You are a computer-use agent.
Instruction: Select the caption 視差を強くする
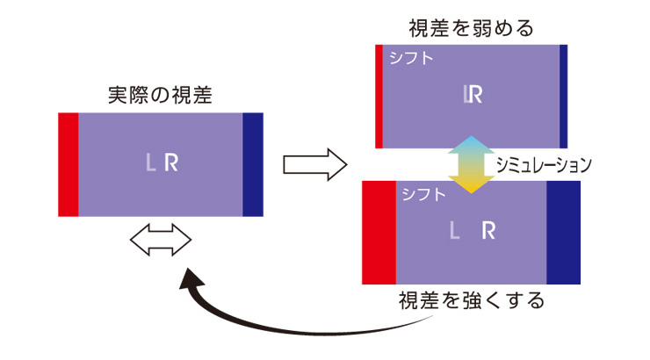(x=472, y=301)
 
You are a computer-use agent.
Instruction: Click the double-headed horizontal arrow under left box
(x=160, y=239)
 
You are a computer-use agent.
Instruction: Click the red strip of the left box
(x=69, y=164)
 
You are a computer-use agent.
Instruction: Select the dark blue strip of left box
(x=253, y=164)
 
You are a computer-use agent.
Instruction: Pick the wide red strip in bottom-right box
(x=379, y=231)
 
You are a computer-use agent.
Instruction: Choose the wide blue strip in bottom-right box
(x=564, y=231)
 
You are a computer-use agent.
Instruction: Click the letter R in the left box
(x=172, y=162)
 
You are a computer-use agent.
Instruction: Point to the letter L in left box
(x=152, y=162)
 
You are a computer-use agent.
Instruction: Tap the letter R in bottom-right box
(x=489, y=231)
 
